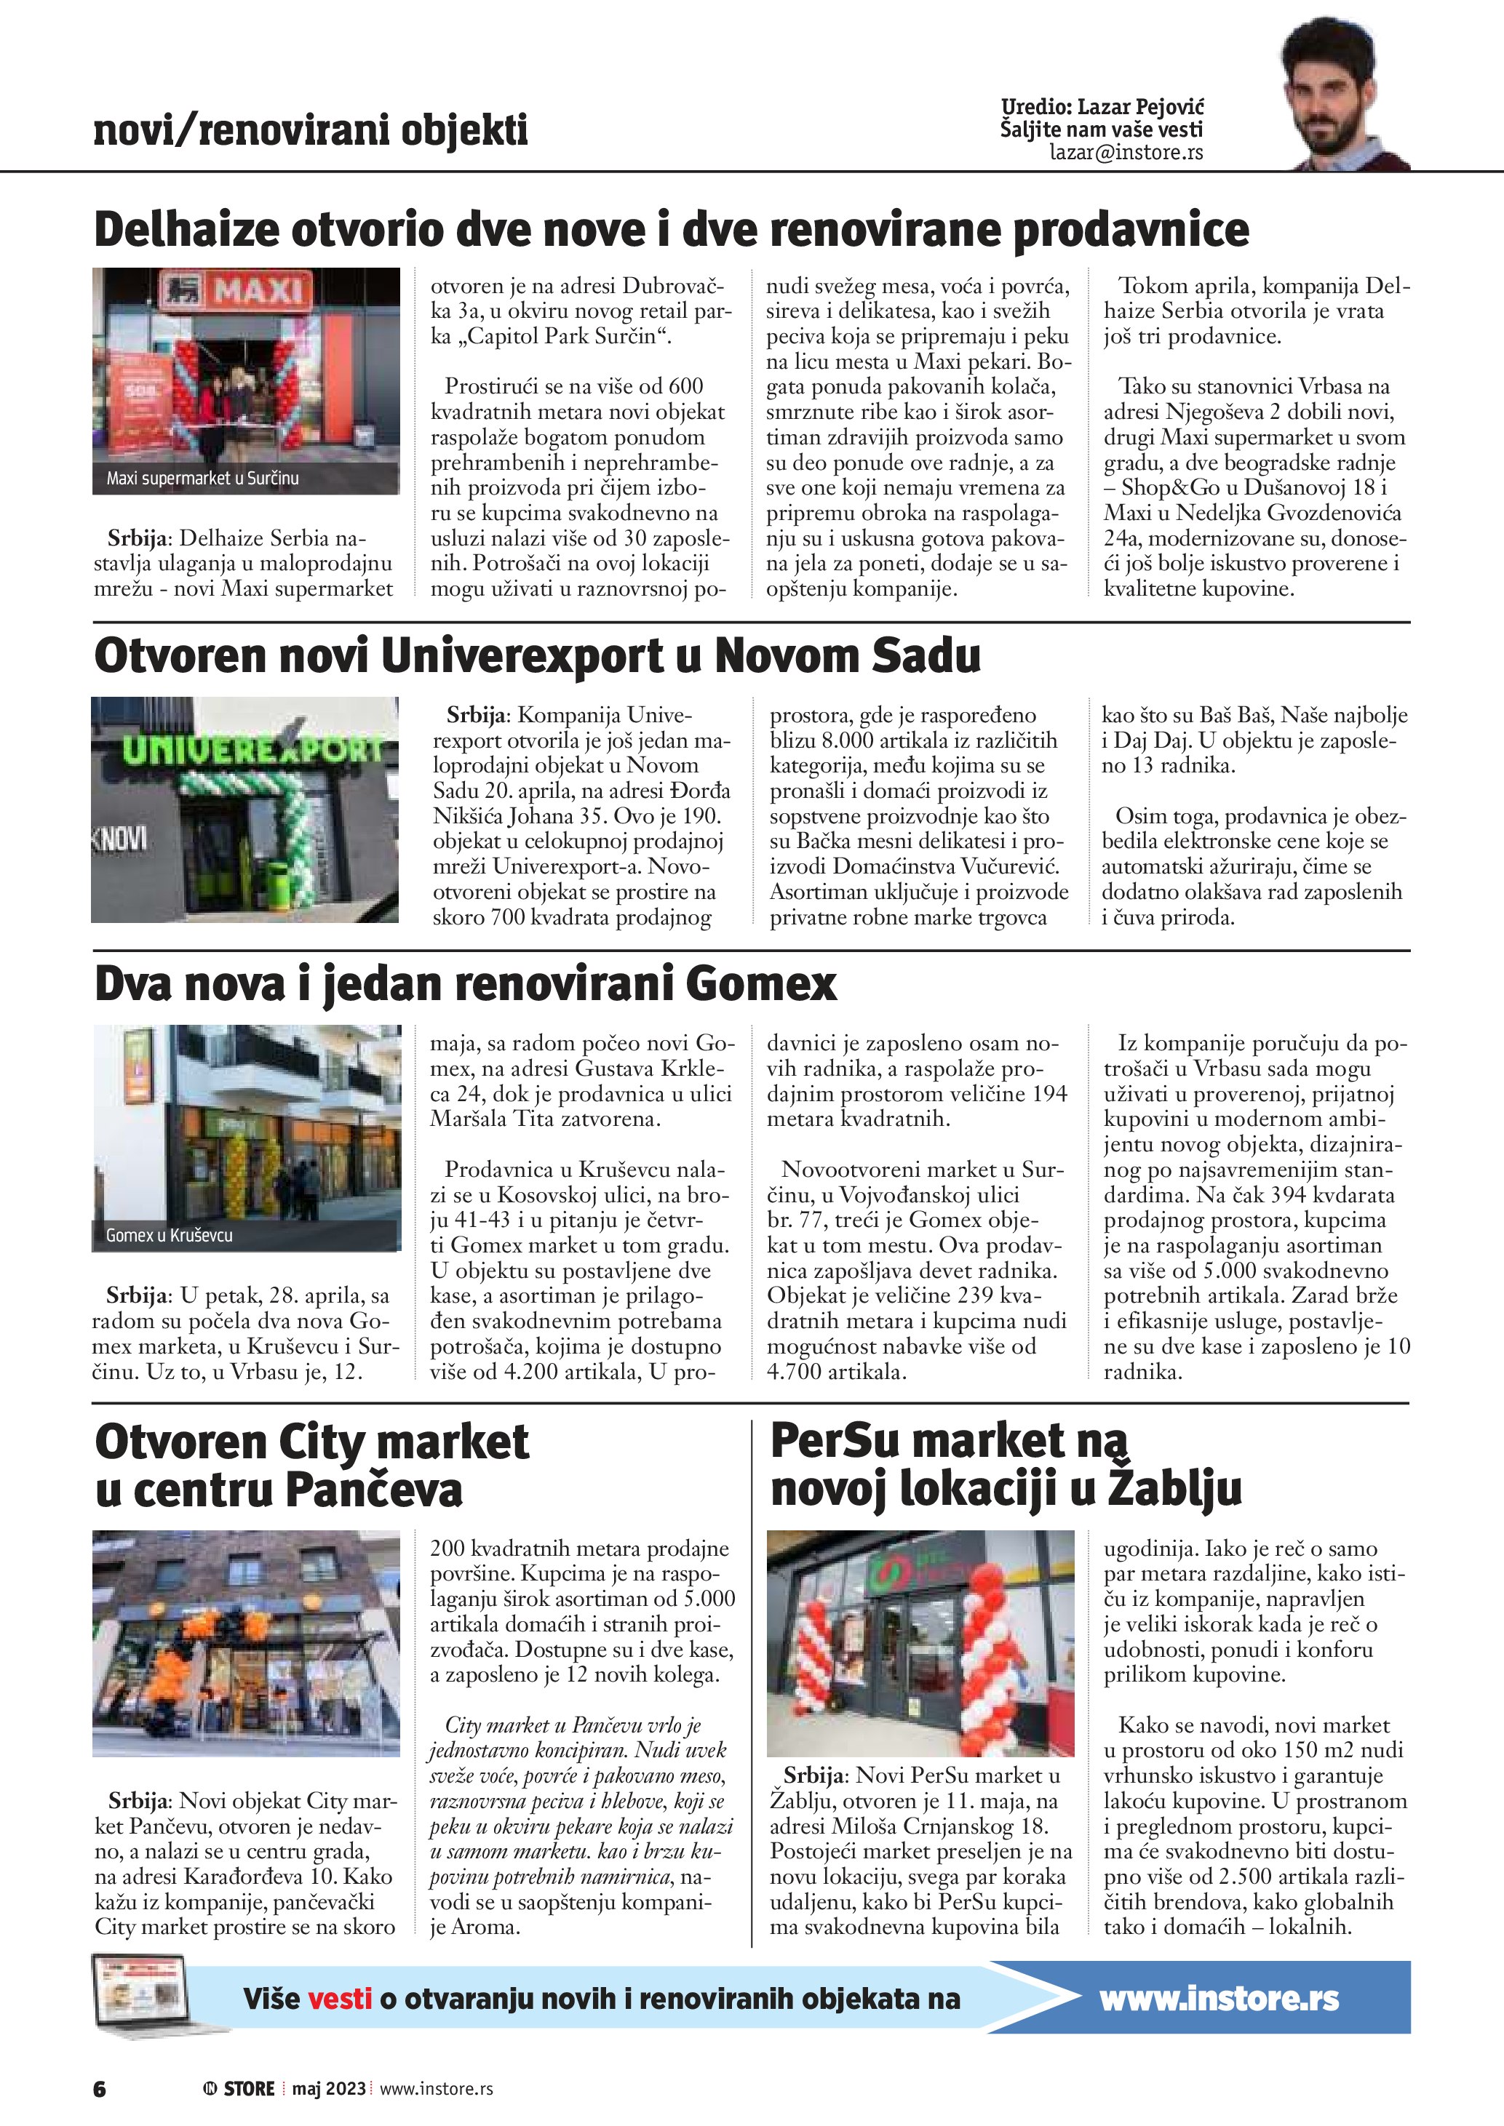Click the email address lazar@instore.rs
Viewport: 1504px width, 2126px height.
pos(1126,153)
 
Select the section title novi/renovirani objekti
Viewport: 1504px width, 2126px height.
pos(310,129)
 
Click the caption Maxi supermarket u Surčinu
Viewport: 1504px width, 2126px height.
pos(202,479)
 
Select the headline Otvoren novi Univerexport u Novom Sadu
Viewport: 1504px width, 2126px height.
pos(537,655)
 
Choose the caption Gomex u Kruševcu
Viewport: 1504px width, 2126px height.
pos(169,1235)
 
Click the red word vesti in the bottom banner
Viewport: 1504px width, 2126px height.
pos(340,1998)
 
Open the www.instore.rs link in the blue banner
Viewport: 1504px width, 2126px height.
pos(1219,1998)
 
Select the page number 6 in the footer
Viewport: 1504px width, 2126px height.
pos(100,2089)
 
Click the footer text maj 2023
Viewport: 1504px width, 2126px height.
pos(329,2089)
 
